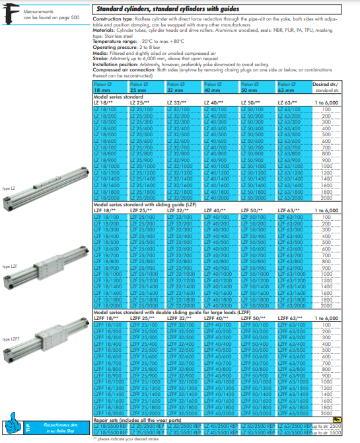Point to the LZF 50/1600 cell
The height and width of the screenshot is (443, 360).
[x=254, y=292]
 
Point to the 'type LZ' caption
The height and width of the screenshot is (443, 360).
[x=10, y=188]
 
